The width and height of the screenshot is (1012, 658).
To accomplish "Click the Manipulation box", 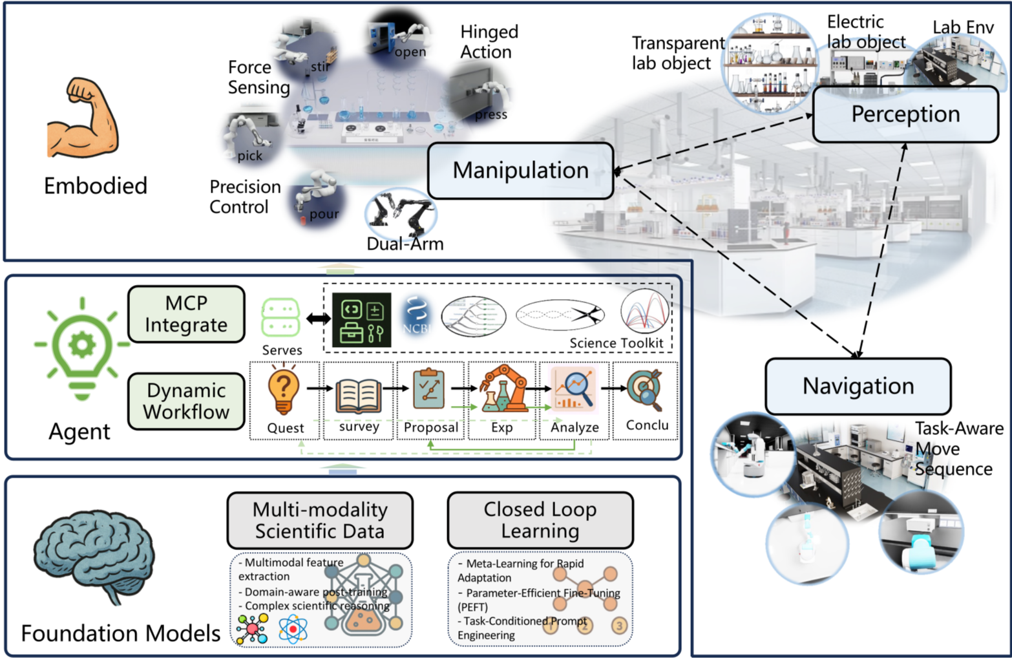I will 520,171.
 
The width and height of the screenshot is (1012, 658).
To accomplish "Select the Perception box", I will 905,114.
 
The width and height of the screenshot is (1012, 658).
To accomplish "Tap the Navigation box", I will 858,387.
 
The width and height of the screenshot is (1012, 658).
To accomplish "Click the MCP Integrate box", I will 186,314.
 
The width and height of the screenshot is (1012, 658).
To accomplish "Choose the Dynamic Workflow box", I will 186,401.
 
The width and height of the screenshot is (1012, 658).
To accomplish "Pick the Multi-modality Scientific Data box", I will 320,520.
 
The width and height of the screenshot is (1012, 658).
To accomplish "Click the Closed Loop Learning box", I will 540,520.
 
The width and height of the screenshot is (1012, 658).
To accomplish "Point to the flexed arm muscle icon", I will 83,118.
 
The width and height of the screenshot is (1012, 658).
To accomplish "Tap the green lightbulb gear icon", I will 82,348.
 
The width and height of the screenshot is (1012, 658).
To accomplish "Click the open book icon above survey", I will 359,395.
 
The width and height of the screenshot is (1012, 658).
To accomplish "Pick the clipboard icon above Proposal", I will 429,388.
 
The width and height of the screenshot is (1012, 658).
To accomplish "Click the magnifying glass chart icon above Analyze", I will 573,388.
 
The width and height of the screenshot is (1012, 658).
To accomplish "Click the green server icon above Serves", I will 280,317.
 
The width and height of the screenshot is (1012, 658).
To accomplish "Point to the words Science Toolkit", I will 616,343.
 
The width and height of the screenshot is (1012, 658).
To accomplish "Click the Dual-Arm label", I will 405,244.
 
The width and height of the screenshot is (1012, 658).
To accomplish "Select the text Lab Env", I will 962,28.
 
